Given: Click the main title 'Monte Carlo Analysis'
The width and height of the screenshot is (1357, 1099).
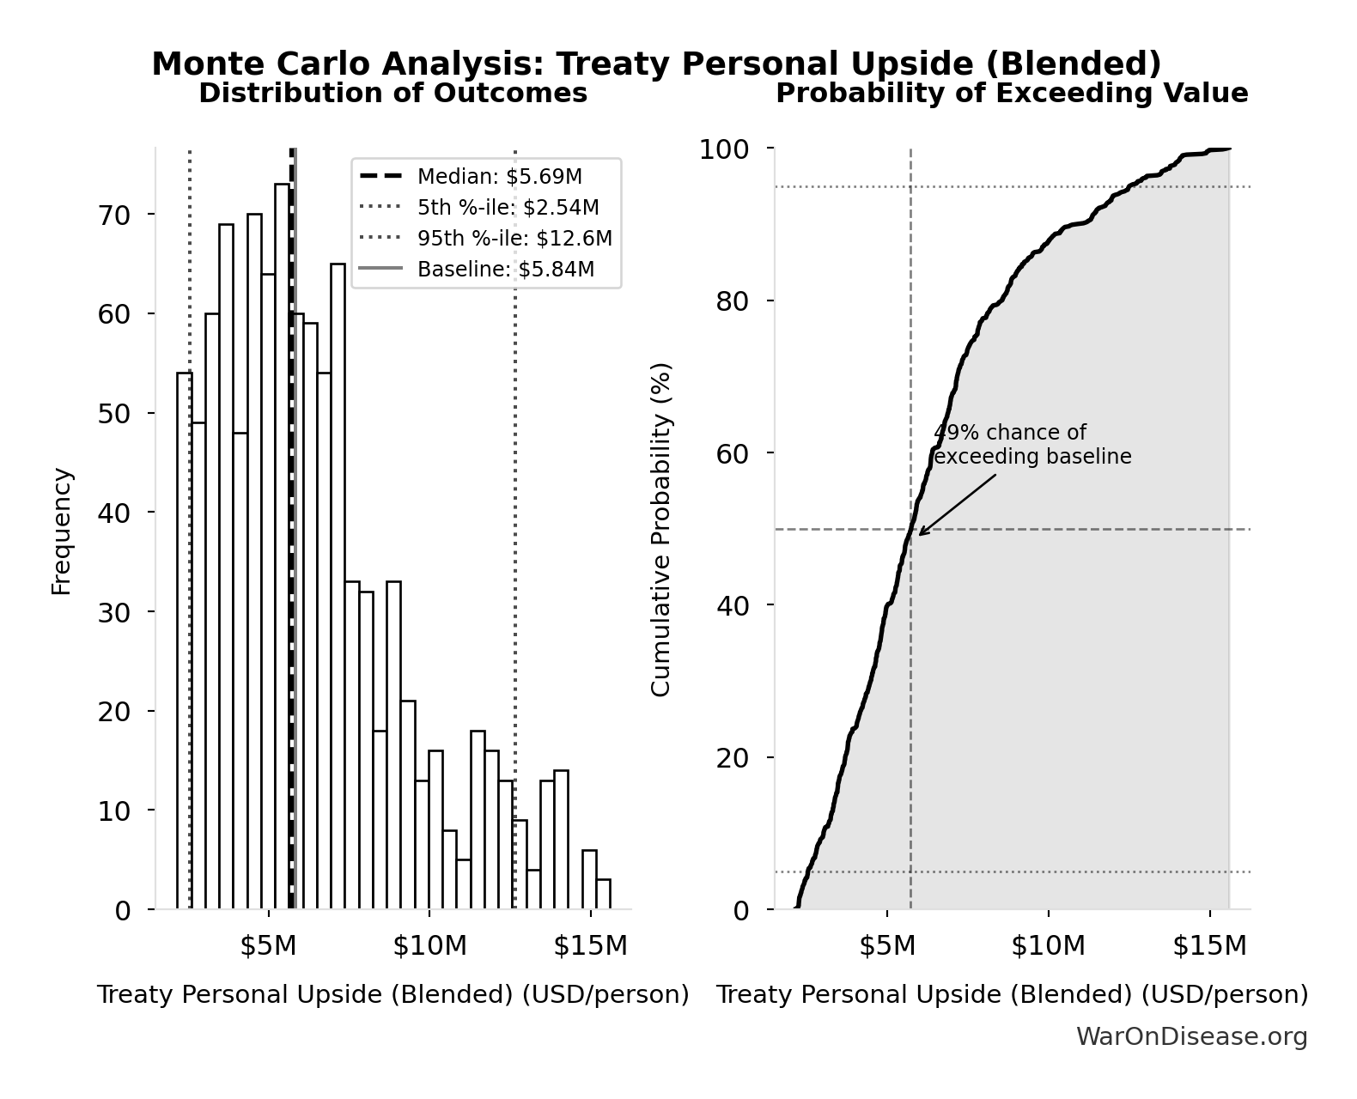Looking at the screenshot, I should pos(656,64).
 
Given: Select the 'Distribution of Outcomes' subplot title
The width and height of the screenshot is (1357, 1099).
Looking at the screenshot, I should pos(393,93).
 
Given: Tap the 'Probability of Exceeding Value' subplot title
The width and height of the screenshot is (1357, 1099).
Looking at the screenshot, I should pos(1012,93).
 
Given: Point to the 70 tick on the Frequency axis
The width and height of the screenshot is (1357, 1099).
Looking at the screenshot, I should pos(114,215).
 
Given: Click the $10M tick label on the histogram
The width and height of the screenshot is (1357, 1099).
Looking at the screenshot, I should pos(429,946).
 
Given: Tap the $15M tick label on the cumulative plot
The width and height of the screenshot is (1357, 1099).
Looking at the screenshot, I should pos(1209,946).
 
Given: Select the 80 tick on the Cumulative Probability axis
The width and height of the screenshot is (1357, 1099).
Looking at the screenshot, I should pos(732,301).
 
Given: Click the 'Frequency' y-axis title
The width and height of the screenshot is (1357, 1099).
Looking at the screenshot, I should pos(61,531).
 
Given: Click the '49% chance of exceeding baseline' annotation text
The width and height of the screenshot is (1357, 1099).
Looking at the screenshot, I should pos(1031,445).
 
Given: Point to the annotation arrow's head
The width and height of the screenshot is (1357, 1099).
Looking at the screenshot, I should pos(920,534).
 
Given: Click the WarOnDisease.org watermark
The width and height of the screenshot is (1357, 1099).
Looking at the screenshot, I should pos(1191,1037).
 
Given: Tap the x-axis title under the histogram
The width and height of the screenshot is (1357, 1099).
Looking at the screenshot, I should pos(393,994).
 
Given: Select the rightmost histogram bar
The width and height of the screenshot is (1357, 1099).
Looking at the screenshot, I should pos(604,895).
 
